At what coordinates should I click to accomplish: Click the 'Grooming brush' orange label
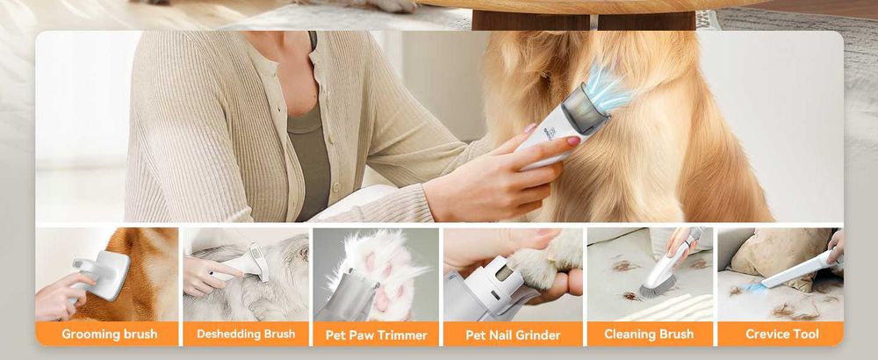coord(109,335)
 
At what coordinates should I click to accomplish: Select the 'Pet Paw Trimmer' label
coord(376,335)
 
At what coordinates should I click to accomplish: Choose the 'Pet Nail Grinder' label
coord(513,335)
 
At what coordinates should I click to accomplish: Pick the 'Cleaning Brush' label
coord(648,334)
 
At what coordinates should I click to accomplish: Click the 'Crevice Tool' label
coord(781,334)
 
